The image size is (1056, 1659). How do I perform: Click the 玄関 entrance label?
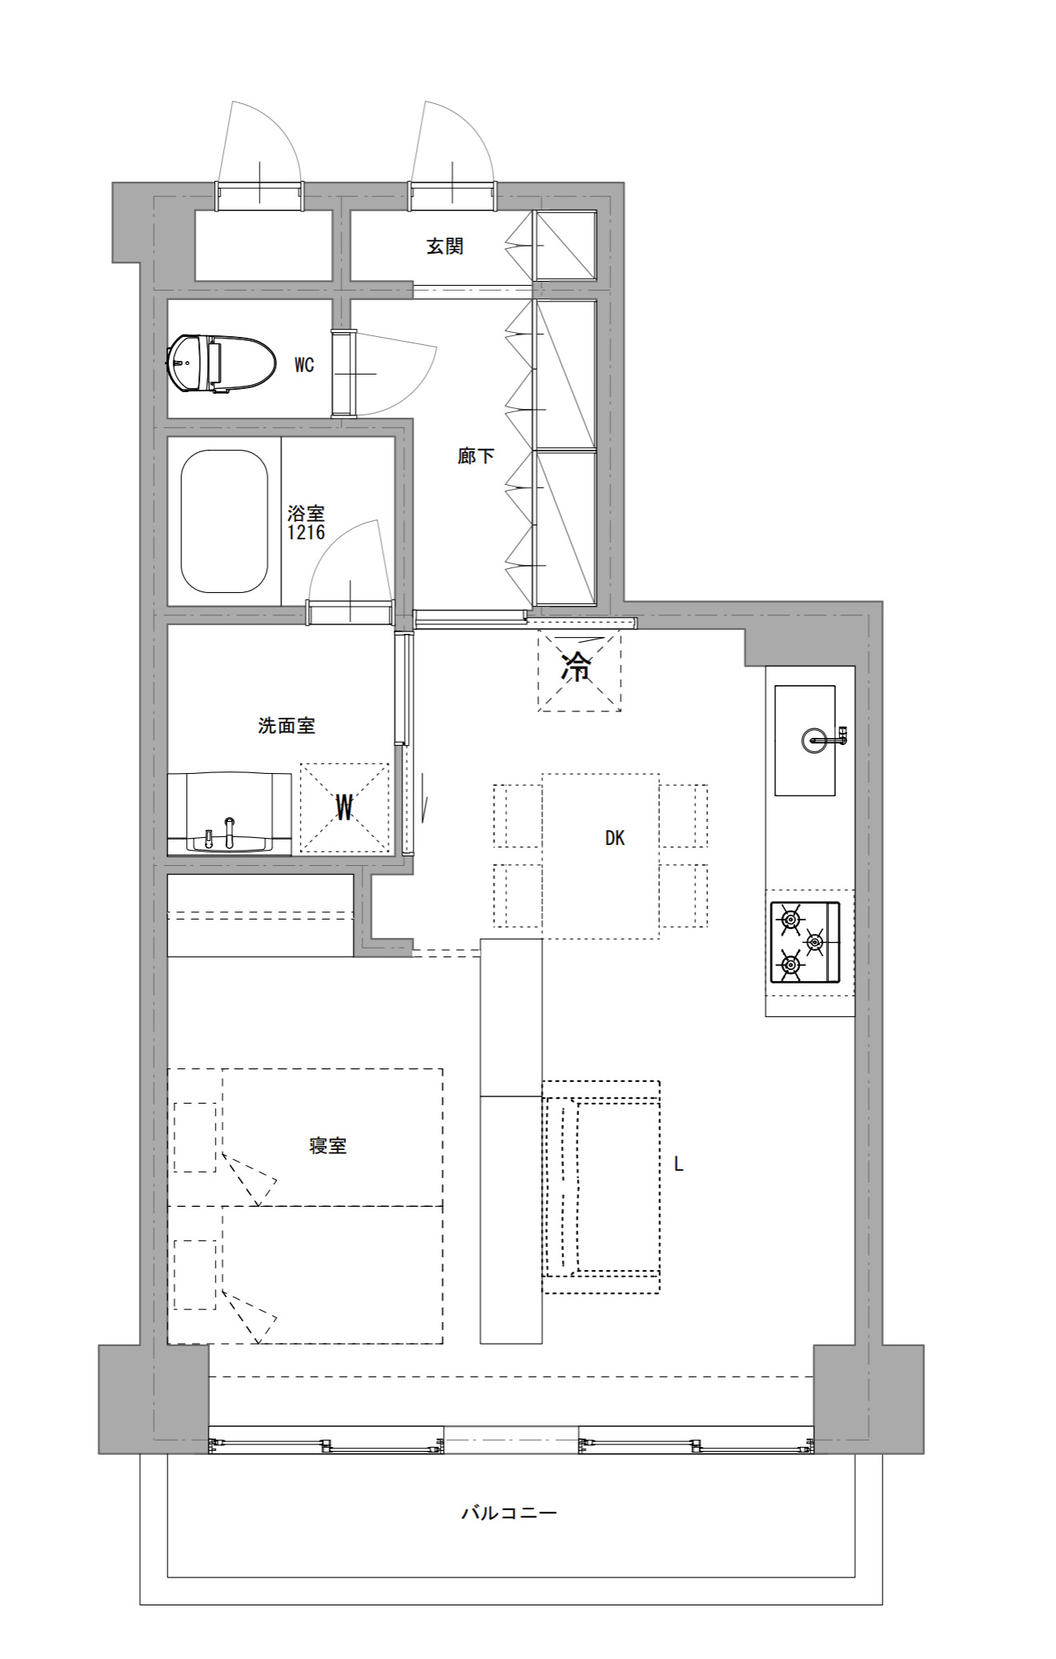pyautogui.click(x=445, y=246)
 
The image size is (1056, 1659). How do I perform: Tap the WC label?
pyautogui.click(x=304, y=366)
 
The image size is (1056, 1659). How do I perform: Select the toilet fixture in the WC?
pyautogui.click(x=222, y=364)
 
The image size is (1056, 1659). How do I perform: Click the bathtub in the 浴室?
pyautogui.click(x=224, y=521)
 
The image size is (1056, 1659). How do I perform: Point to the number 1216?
pyautogui.click(x=306, y=532)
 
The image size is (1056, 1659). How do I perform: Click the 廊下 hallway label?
pyautogui.click(x=476, y=456)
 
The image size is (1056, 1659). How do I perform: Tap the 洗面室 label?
pyautogui.click(x=286, y=726)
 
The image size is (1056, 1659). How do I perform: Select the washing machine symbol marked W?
pyautogui.click(x=345, y=807)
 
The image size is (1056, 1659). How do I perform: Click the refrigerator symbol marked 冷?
pyautogui.click(x=579, y=671)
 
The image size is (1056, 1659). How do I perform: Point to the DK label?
pyautogui.click(x=614, y=838)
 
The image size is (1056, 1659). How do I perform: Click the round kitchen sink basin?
pyautogui.click(x=814, y=739)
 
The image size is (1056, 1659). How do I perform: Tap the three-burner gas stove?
pyautogui.click(x=805, y=942)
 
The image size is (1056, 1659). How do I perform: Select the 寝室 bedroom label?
pyautogui.click(x=328, y=1146)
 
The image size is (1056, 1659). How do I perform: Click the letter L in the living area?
pyautogui.click(x=678, y=1164)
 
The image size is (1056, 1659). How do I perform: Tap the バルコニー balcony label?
pyautogui.click(x=509, y=1513)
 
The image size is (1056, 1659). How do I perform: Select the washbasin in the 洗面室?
pyautogui.click(x=229, y=813)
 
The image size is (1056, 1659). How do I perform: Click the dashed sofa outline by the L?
pyautogui.click(x=601, y=1187)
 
